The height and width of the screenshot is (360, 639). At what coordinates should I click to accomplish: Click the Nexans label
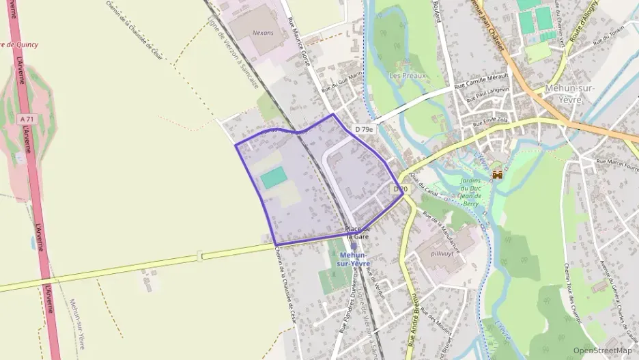click(262, 32)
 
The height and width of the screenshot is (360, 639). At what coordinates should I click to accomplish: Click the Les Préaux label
click(407, 76)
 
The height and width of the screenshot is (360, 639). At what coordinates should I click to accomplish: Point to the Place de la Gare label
click(357, 232)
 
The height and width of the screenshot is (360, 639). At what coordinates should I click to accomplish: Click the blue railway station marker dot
click(354, 247)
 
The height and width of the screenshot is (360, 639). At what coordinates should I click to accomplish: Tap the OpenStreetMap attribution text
click(603, 350)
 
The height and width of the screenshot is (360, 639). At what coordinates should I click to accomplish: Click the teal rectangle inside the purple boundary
click(274, 178)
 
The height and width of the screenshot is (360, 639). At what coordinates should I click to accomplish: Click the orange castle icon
click(497, 175)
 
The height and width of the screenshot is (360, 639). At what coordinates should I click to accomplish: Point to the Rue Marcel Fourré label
click(617, 165)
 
